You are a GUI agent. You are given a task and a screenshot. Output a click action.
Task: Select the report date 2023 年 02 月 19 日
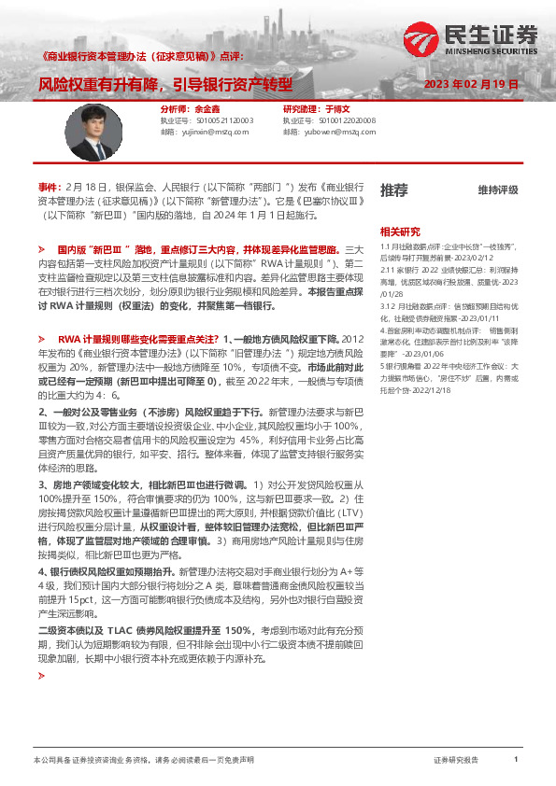[471, 84]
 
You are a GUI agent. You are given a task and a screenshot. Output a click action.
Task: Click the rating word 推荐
[393, 189]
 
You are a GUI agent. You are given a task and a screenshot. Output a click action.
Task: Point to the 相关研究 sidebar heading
[400, 232]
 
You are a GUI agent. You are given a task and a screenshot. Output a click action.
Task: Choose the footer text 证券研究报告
[456, 761]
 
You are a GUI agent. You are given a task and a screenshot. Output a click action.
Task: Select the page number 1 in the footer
[516, 761]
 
